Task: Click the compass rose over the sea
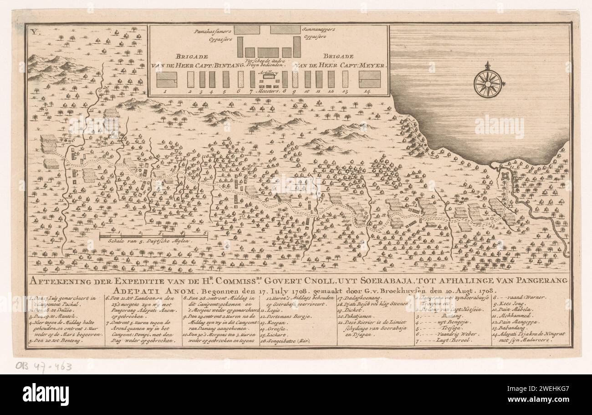pos(488,83)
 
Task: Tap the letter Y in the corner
pos(33,31)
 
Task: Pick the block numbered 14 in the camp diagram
pos(369,79)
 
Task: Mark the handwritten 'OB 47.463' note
pos(43,365)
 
